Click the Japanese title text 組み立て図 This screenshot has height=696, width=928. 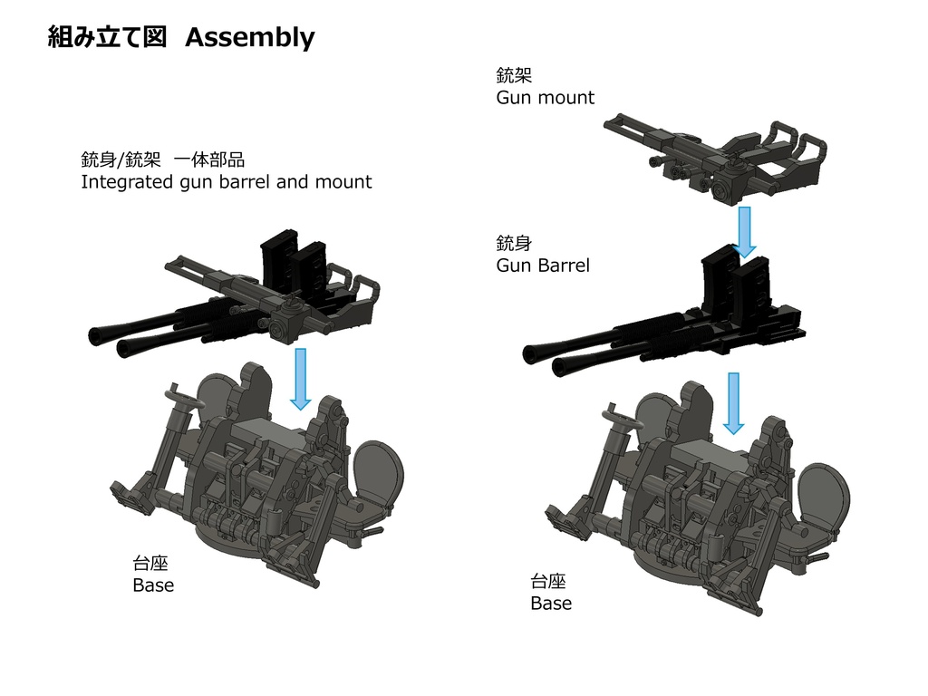107,37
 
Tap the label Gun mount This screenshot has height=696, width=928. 545,98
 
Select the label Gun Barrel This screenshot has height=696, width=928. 542,266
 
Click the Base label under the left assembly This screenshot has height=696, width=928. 152,585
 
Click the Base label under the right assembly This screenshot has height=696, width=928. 550,604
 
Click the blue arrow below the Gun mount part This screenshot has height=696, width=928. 745,232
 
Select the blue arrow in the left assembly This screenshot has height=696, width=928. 301,378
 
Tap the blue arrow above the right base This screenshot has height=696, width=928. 733,402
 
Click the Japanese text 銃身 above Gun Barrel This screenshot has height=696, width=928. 507,243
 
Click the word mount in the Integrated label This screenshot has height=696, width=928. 343,182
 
